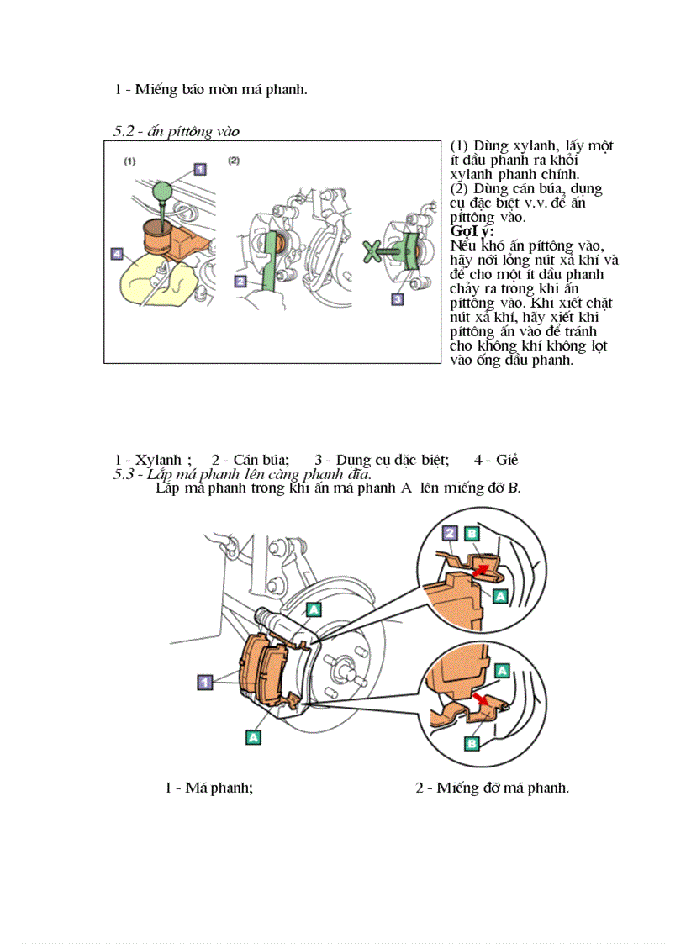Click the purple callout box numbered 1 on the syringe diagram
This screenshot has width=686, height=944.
[200, 168]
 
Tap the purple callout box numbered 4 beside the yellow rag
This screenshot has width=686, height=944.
[116, 252]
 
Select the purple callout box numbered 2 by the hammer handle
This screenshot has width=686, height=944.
[240, 282]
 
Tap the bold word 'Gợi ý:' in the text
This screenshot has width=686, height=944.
[472, 231]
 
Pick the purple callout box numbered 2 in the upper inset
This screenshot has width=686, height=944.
[451, 533]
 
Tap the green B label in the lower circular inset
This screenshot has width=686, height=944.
[472, 743]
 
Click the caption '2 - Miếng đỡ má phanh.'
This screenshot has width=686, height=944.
[492, 788]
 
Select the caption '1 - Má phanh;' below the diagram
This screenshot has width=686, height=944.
[209, 788]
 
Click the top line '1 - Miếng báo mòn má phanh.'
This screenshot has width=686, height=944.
[211, 89]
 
